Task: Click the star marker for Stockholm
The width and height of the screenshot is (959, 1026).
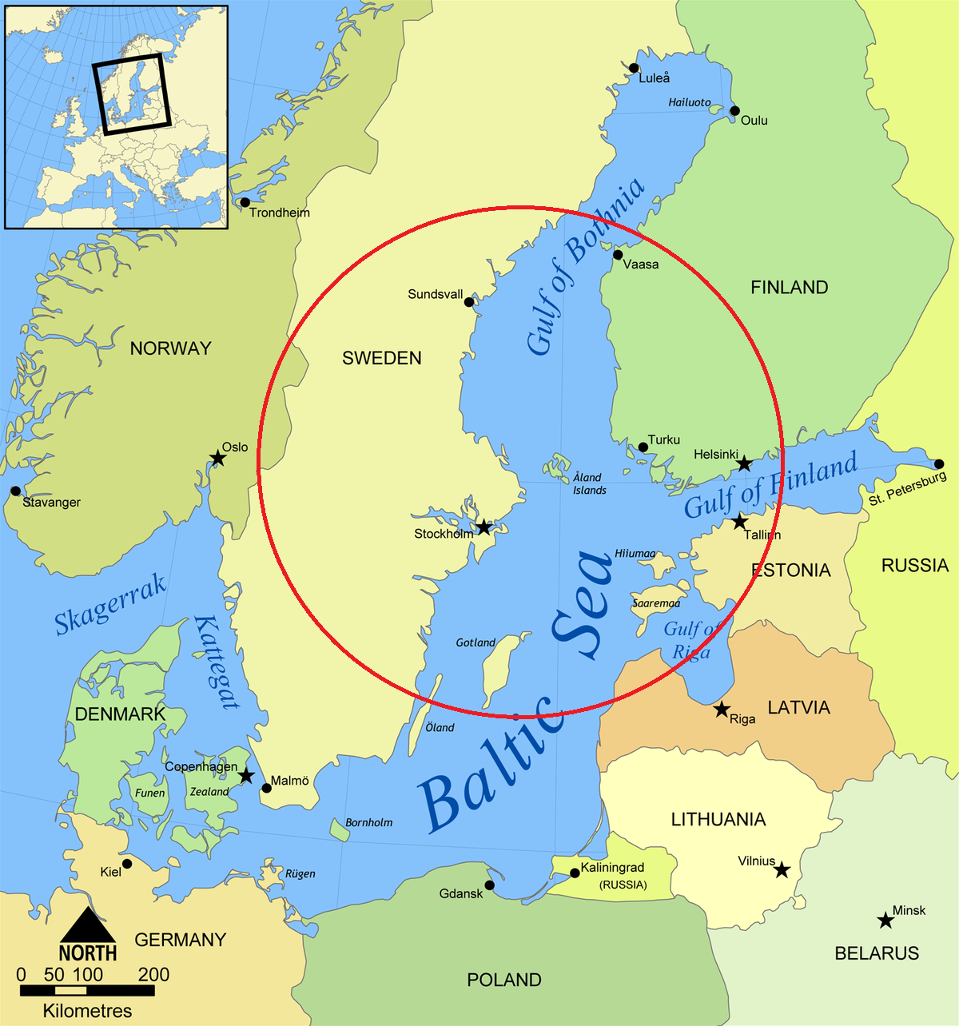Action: point(483,527)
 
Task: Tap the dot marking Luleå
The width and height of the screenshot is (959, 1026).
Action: point(634,68)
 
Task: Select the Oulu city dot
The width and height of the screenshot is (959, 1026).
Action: point(734,111)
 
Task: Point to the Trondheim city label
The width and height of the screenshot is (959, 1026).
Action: point(279,213)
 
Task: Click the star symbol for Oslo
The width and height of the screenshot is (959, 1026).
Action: point(217,458)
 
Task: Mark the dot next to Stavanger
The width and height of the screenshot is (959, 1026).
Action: point(15,491)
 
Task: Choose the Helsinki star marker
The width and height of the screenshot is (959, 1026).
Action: point(744,463)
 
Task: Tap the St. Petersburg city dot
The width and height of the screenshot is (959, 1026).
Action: point(939,464)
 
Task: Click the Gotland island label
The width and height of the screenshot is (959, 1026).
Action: point(476,642)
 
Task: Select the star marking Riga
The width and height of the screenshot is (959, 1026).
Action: point(722,709)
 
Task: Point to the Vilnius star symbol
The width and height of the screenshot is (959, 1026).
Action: point(782,869)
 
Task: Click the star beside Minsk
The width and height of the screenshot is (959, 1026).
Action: point(885,921)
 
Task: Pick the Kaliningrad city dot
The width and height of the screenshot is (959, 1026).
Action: point(575,873)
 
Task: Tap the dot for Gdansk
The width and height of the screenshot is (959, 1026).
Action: point(489,885)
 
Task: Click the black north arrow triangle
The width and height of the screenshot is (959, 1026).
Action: point(88,926)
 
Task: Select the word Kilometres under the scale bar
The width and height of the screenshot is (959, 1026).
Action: point(87,1011)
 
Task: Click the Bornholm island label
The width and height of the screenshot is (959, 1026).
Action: point(368,822)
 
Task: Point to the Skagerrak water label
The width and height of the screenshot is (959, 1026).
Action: point(110,605)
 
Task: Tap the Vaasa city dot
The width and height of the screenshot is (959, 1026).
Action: point(618,255)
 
